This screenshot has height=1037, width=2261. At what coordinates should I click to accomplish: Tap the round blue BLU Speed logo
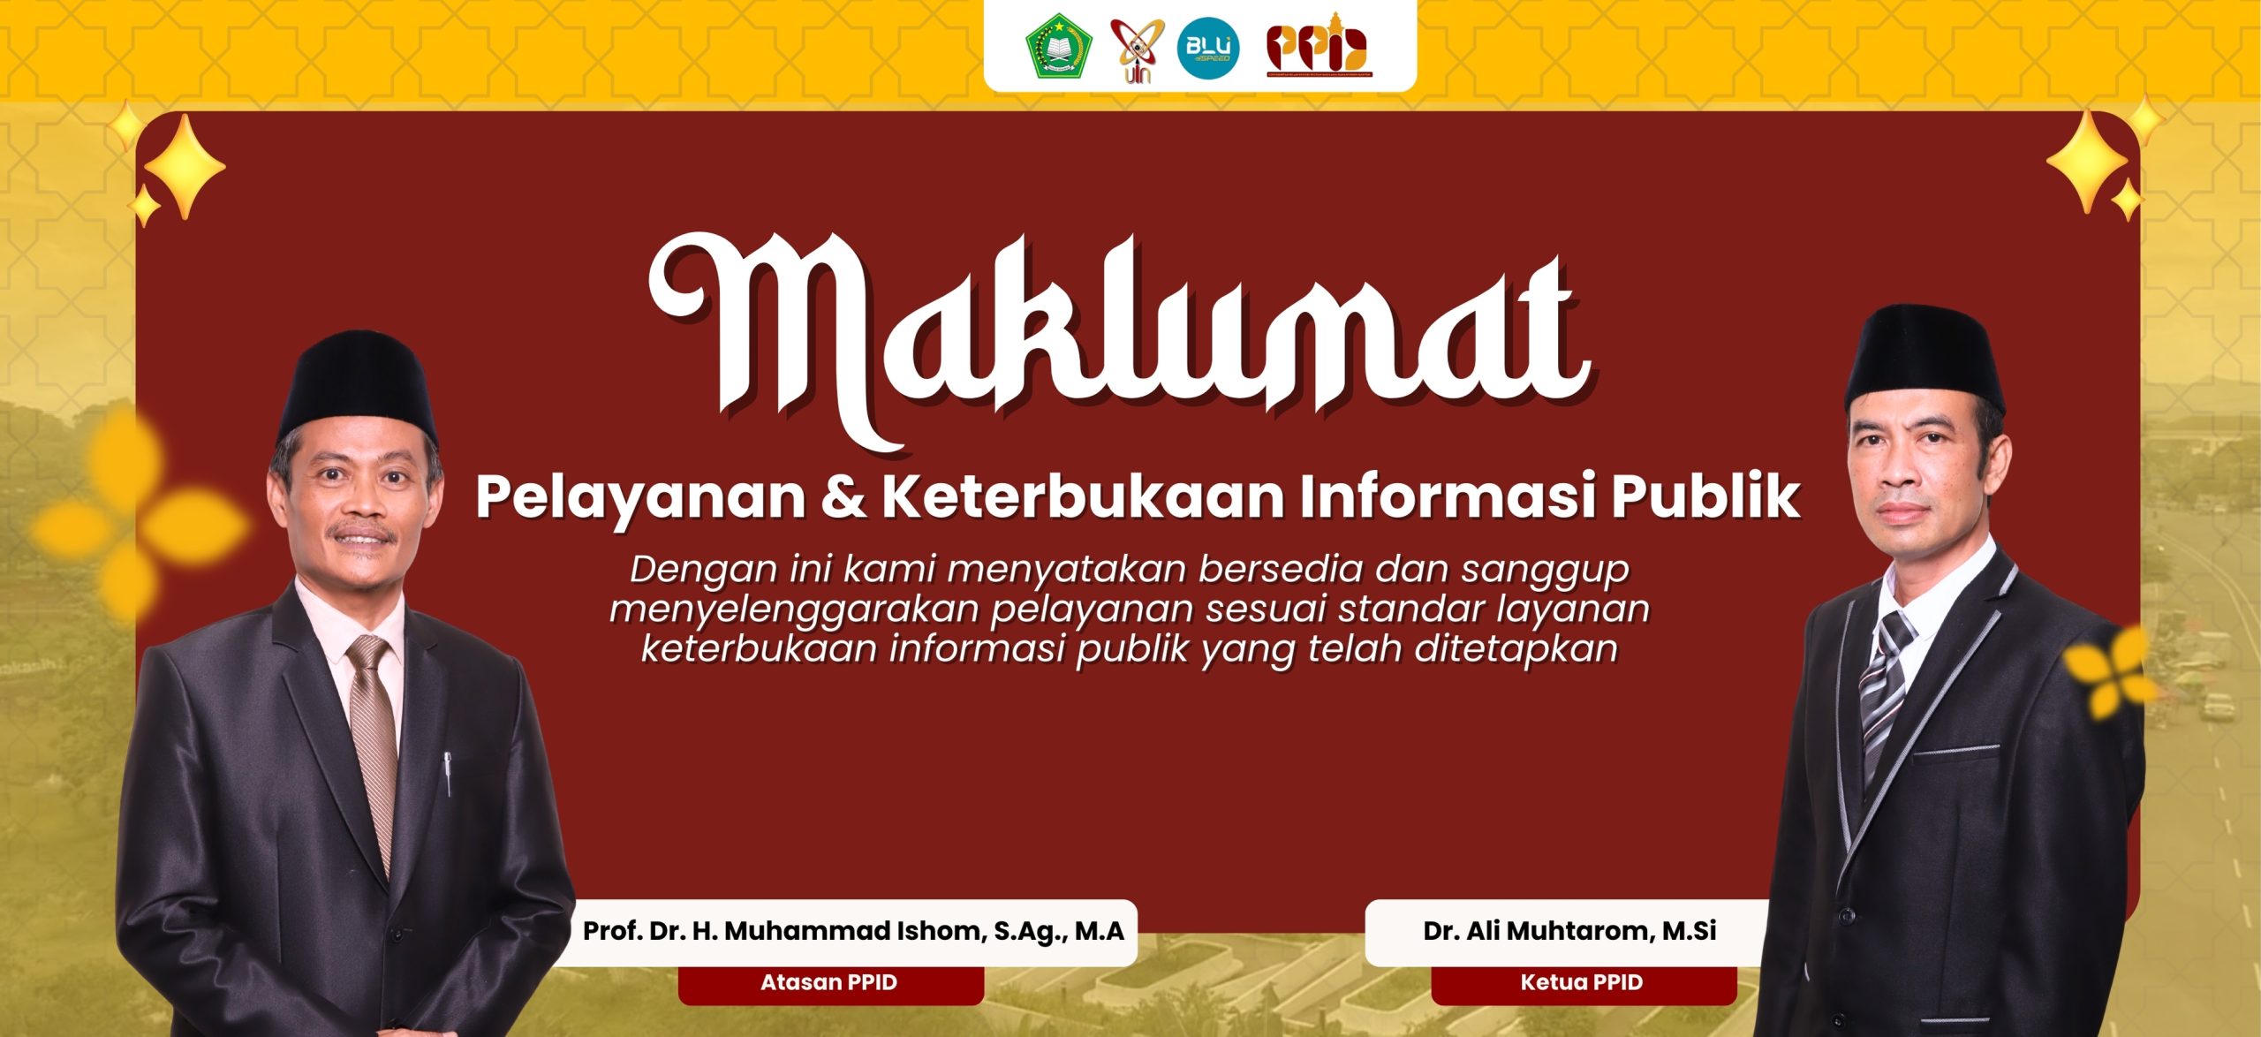click(x=1208, y=48)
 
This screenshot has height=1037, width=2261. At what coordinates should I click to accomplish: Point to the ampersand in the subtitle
click(x=843, y=496)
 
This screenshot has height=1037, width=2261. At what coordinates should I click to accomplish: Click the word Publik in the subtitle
click(x=1705, y=496)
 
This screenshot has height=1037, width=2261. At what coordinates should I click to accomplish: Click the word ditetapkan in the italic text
click(x=1516, y=649)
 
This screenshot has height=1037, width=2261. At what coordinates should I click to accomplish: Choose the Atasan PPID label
click(x=828, y=982)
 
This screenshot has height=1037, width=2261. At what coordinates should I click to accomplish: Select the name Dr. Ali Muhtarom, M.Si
click(x=1569, y=931)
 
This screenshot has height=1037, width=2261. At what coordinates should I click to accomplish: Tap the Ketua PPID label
click(x=1581, y=982)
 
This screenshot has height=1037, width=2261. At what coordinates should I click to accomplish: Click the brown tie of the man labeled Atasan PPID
click(x=374, y=742)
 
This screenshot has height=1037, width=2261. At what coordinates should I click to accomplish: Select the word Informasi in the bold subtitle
click(x=1448, y=496)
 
